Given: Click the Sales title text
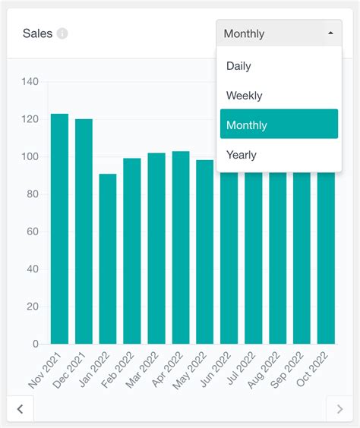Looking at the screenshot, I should [37, 33].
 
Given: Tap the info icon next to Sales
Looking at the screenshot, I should [62, 33].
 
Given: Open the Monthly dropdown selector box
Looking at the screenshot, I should [279, 33].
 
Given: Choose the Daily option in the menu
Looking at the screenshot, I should [238, 66].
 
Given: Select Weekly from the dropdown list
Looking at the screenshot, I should [244, 96].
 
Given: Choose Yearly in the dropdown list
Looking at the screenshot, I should [242, 155].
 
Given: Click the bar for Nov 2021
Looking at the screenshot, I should [59, 228].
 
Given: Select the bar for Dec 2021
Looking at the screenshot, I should [84, 231].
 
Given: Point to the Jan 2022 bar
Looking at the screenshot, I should [108, 259].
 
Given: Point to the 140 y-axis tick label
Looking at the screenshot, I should [30, 82].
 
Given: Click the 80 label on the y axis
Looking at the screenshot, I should [32, 194].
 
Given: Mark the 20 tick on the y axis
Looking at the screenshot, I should [32, 307].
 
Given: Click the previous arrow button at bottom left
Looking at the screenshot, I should [20, 409].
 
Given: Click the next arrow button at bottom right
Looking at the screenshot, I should [339, 409].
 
